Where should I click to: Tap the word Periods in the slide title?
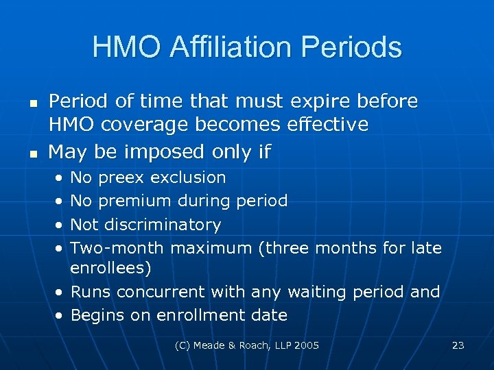pyautogui.click(x=354, y=47)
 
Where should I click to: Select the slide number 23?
pyautogui.click(x=458, y=345)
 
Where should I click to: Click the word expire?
pyautogui.click(x=319, y=102)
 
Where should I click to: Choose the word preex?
pyautogui.click(x=121, y=177)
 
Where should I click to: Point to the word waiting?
pyautogui.click(x=317, y=292)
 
